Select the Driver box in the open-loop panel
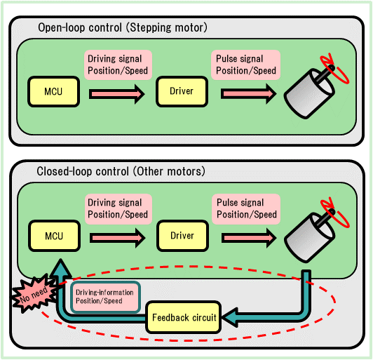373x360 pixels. tap(182, 91)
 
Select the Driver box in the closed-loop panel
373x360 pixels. tap(182, 236)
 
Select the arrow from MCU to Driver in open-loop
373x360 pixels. tap(116, 92)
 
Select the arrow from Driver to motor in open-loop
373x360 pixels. tap(247, 92)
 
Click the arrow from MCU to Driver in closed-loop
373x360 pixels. tap(116, 236)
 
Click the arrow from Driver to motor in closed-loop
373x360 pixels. tap(247, 236)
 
